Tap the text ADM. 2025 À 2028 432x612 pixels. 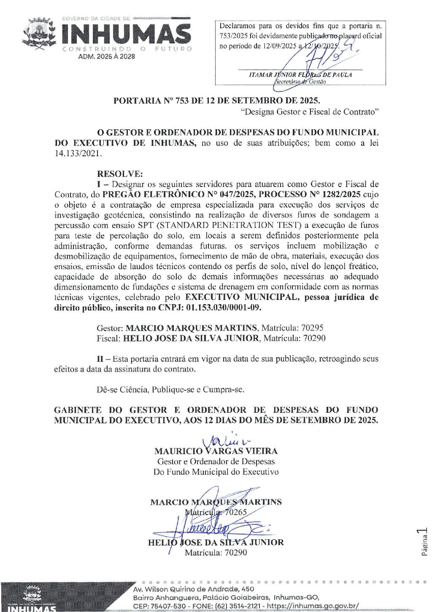point(106,56)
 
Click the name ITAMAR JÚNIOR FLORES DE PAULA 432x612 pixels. point(300,75)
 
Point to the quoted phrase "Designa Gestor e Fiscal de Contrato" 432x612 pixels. point(310,112)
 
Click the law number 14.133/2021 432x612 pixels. point(78,153)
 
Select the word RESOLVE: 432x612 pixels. point(120,174)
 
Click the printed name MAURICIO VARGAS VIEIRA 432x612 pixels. point(216,451)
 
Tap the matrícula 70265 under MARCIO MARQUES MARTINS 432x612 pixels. point(236,513)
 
